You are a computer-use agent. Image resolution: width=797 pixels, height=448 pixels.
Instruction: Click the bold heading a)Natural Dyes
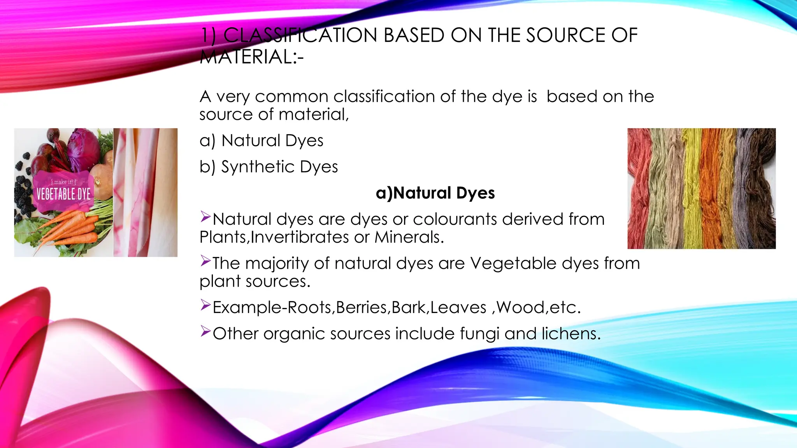tap(435, 193)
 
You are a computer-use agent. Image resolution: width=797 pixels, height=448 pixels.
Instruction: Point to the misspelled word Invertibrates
tap(300, 237)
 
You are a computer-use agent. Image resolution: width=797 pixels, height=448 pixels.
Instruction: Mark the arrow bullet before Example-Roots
tap(205, 305)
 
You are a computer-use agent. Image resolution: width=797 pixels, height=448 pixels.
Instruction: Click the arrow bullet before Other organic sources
tap(205, 331)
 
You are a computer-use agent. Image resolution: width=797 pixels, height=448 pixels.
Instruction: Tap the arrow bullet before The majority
tap(205, 261)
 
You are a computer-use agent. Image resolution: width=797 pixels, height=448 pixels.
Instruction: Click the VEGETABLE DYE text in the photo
tap(63, 194)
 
